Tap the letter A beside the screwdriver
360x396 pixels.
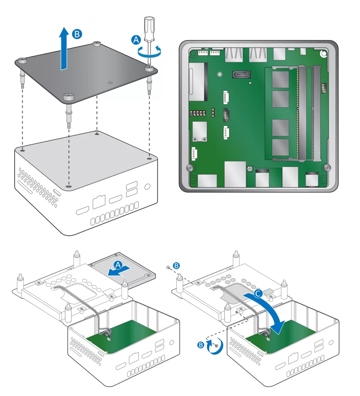click(x=136, y=40)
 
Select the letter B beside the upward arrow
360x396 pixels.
click(x=77, y=34)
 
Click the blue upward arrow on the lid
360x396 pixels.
click(x=64, y=48)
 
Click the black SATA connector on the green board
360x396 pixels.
click(x=241, y=75)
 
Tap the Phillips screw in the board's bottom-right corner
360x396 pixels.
click(x=327, y=167)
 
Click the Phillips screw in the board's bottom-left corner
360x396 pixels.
click(x=190, y=167)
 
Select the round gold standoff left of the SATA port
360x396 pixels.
click(x=220, y=74)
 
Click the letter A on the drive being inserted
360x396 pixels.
click(x=118, y=265)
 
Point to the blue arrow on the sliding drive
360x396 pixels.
click(x=119, y=271)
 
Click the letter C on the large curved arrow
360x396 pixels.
click(x=258, y=293)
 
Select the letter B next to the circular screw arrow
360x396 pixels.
click(x=201, y=345)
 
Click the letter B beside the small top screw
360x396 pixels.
click(x=176, y=266)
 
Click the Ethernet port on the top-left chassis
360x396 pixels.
click(x=99, y=202)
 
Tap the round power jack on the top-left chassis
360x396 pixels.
click(x=147, y=187)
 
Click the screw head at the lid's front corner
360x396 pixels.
click(x=68, y=96)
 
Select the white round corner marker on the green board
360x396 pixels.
click(x=324, y=54)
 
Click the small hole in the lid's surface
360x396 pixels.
click(x=110, y=83)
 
